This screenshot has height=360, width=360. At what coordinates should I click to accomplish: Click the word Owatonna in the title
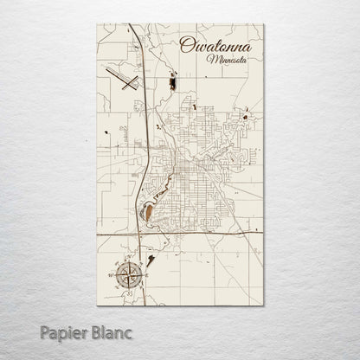210,46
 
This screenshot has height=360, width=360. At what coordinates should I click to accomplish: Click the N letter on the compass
131,257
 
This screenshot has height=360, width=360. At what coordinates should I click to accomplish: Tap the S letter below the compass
131,293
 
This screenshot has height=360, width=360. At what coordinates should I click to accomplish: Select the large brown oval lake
149,210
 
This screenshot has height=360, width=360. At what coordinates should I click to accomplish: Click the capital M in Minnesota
210,60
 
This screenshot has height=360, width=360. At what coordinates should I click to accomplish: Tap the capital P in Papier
44,331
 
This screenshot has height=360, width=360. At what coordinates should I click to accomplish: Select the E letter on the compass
148,275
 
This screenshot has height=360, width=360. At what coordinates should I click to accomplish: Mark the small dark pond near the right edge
246,117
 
